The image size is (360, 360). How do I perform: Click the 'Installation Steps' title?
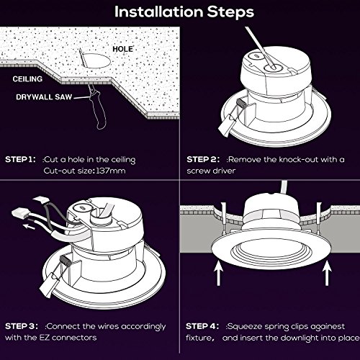pos(184,12)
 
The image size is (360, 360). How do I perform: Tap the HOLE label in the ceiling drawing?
pos(122,49)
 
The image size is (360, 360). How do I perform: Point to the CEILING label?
pos(27,79)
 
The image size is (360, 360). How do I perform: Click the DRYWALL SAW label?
pos(44,97)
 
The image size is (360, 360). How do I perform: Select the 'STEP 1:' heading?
pos(20,159)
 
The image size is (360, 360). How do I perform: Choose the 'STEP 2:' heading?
pos(203,159)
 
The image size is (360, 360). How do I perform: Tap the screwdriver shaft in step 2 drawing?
pos(260,48)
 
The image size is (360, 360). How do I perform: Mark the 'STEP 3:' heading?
pos(22,326)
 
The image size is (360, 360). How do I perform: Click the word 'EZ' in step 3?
pos(45,338)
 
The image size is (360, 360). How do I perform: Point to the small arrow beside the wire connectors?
pos(29,226)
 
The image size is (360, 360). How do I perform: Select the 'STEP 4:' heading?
pos(202,326)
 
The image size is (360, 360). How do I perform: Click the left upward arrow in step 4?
pos(218,274)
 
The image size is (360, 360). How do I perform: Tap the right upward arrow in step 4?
pos(327,274)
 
